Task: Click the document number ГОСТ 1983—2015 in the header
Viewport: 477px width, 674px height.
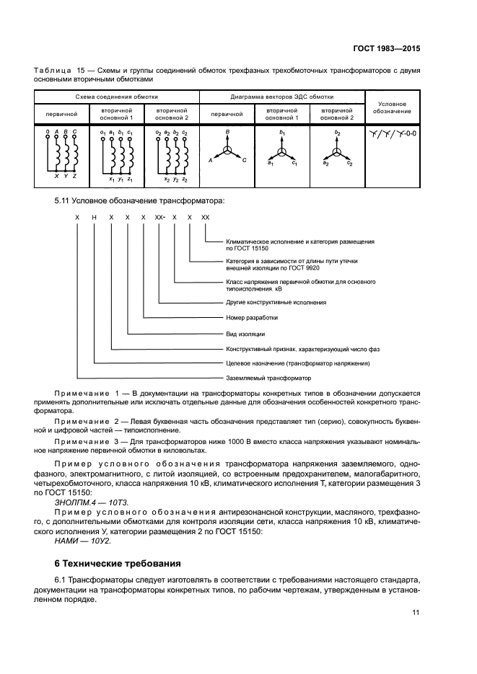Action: pyautogui.click(x=387, y=48)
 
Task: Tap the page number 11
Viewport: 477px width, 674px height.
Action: pyautogui.click(x=415, y=613)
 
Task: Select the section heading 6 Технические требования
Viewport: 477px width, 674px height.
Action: pyautogui.click(x=117, y=563)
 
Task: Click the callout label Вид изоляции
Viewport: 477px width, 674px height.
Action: pyautogui.click(x=245, y=334)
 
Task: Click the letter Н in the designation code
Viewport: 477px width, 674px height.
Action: pyautogui.click(x=94, y=217)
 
